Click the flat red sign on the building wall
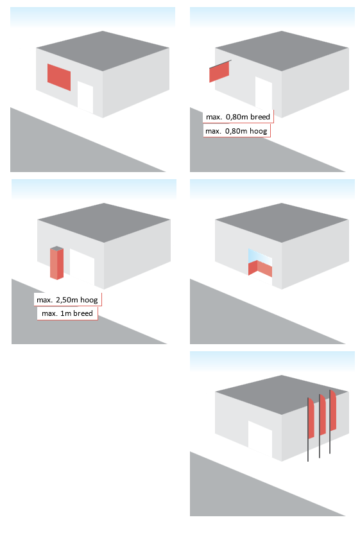click(59, 77)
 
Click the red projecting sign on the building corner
click(219, 72)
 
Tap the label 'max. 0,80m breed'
click(238, 117)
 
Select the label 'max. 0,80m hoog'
click(236, 131)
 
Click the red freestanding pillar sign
click(56, 263)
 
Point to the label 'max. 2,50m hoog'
click(67, 300)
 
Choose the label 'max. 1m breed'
click(67, 313)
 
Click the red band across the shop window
click(260, 268)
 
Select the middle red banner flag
click(323, 415)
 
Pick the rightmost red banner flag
click(333, 410)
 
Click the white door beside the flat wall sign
click(85, 98)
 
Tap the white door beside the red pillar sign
click(82, 267)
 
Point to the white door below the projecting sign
click(264, 93)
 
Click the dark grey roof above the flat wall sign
click(103, 50)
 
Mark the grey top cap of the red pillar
click(56, 248)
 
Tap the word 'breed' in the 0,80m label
click(260, 117)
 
